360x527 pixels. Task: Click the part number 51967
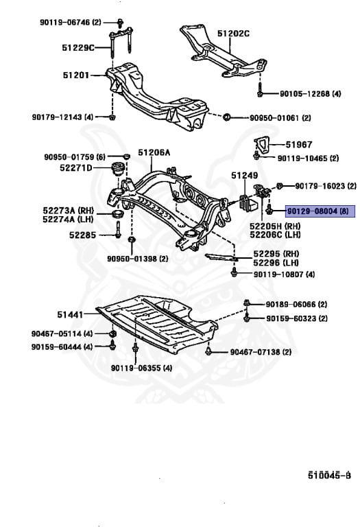298,145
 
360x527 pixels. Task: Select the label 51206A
154,153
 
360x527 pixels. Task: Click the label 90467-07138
261,352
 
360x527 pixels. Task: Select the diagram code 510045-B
328,474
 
